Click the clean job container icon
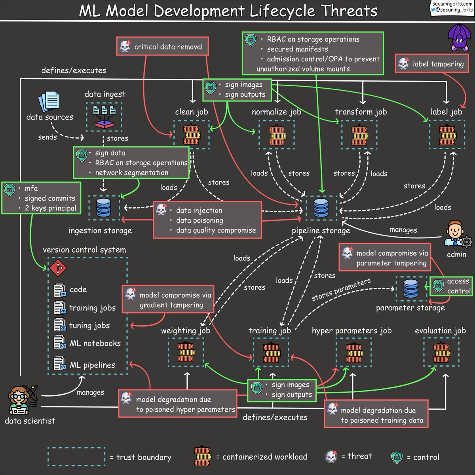tap(192, 135)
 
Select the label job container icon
tap(446, 135)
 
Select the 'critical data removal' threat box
tap(163, 47)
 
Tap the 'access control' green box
tap(452, 286)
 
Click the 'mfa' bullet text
tap(31, 188)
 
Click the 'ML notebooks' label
tap(95, 344)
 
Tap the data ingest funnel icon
tap(104, 117)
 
